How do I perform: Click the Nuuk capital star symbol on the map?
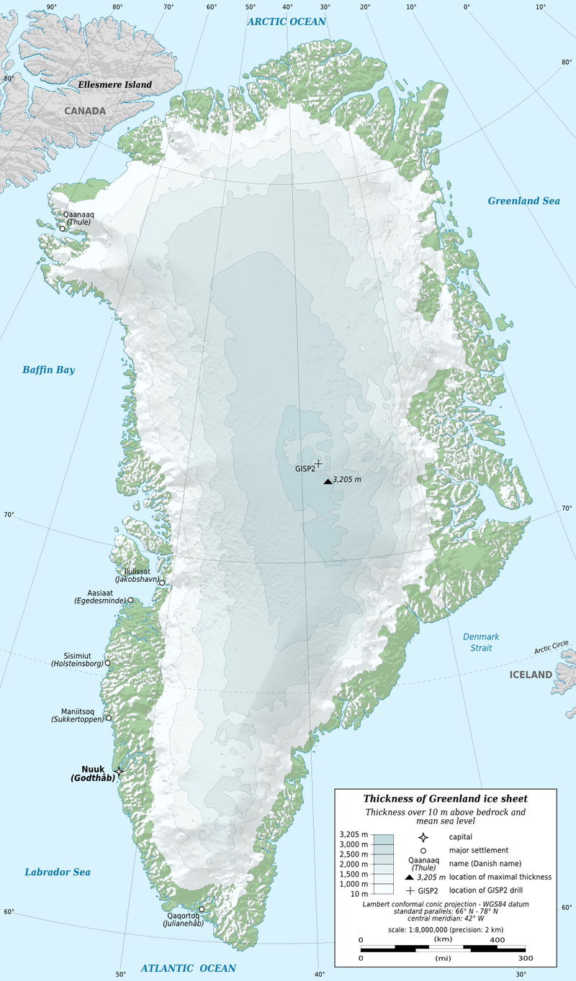[119, 771]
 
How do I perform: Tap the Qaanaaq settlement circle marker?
[63, 229]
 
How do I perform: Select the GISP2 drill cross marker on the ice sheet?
[318, 464]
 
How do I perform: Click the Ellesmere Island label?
[115, 85]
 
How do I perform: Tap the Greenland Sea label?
[523, 201]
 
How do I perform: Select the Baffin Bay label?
[48, 370]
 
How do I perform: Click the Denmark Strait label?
[481, 642]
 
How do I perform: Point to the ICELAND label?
[531, 675]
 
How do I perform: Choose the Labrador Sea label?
[58, 872]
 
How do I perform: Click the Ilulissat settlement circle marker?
[162, 583]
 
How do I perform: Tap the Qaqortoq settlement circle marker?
[202, 909]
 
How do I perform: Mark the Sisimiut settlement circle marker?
[108, 663]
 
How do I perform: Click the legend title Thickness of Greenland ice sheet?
[445, 799]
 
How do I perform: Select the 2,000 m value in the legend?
[354, 864]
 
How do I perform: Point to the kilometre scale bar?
[442, 948]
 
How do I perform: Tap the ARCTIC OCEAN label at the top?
[287, 22]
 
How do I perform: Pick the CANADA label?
[85, 111]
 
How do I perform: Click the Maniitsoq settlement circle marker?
[109, 718]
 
